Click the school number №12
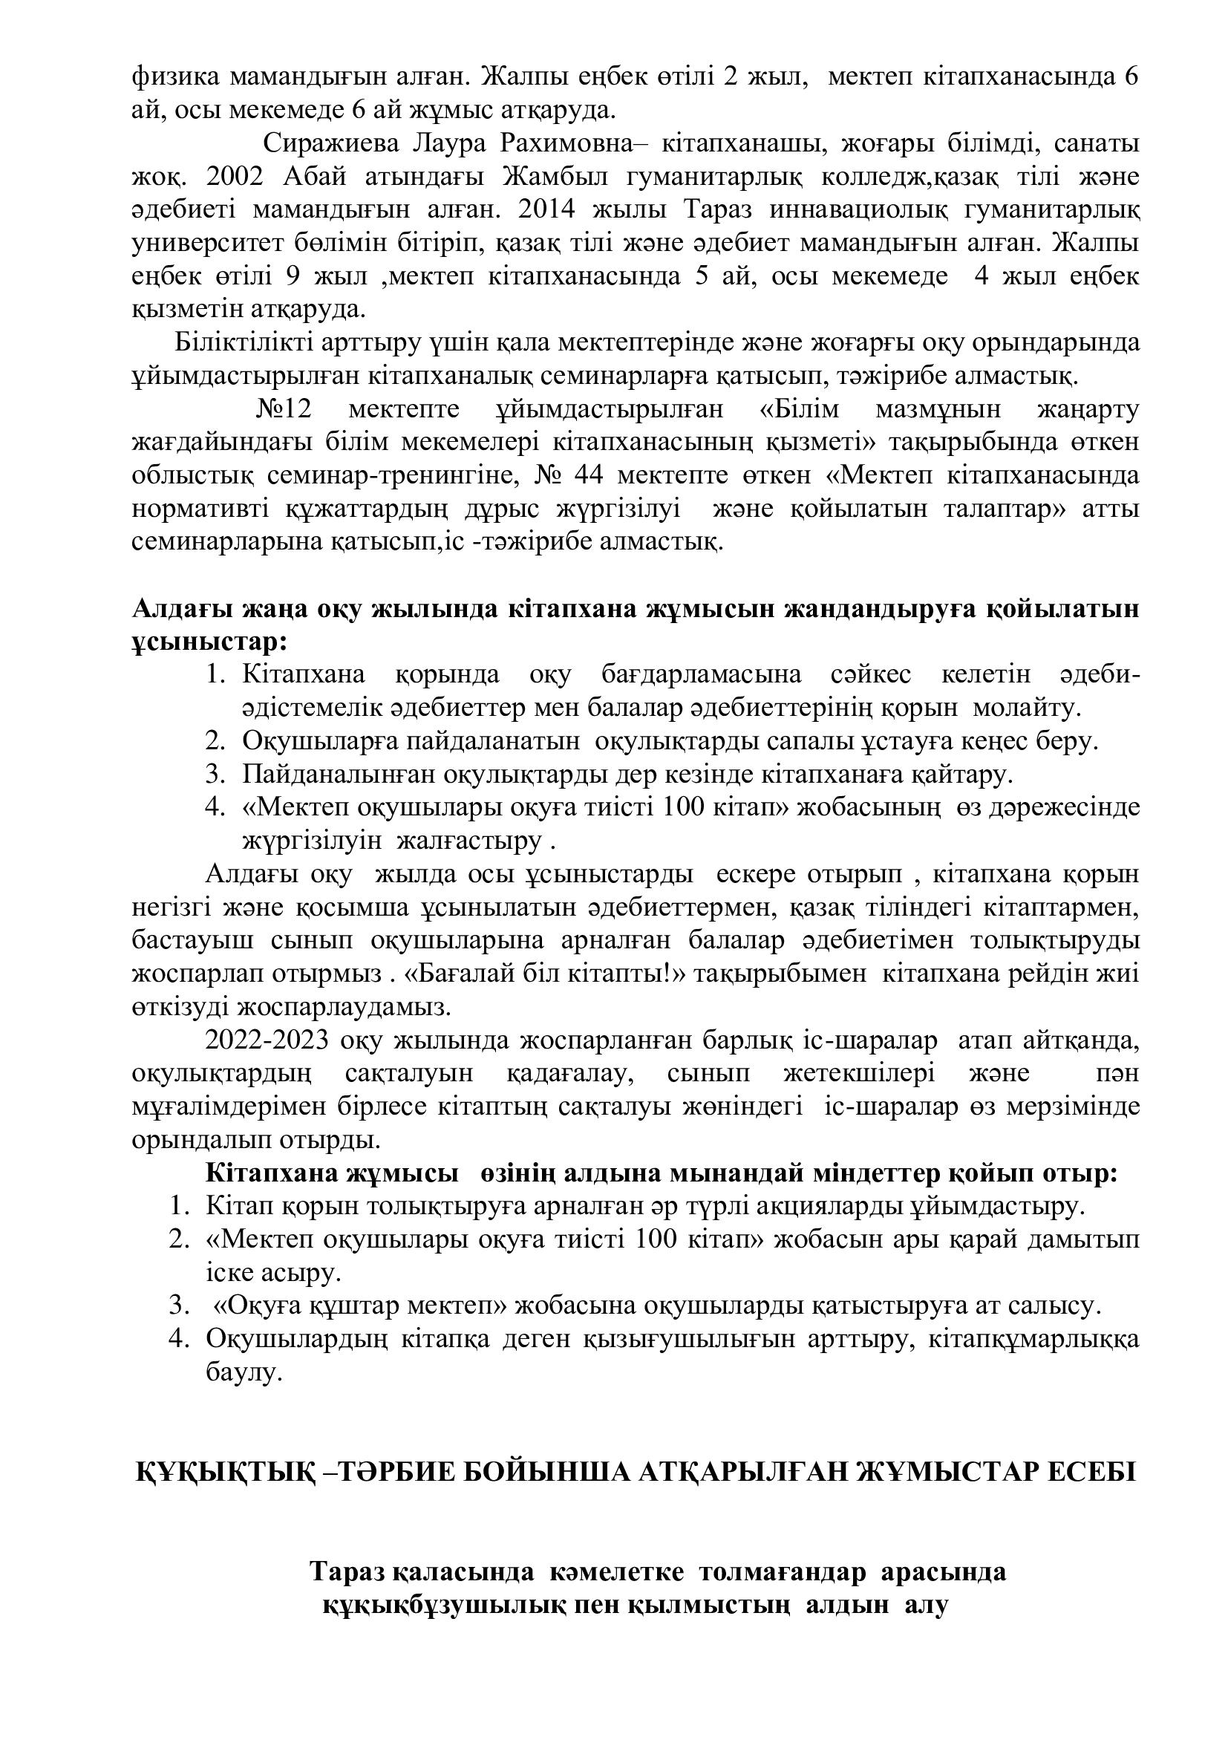(x=284, y=409)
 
